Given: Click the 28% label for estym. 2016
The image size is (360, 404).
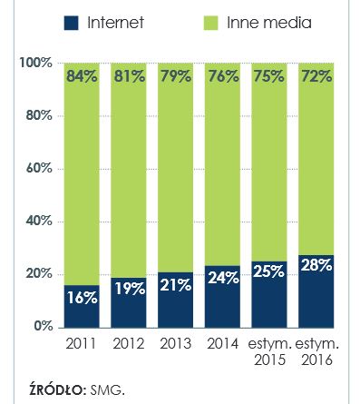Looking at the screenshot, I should [316, 265].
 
